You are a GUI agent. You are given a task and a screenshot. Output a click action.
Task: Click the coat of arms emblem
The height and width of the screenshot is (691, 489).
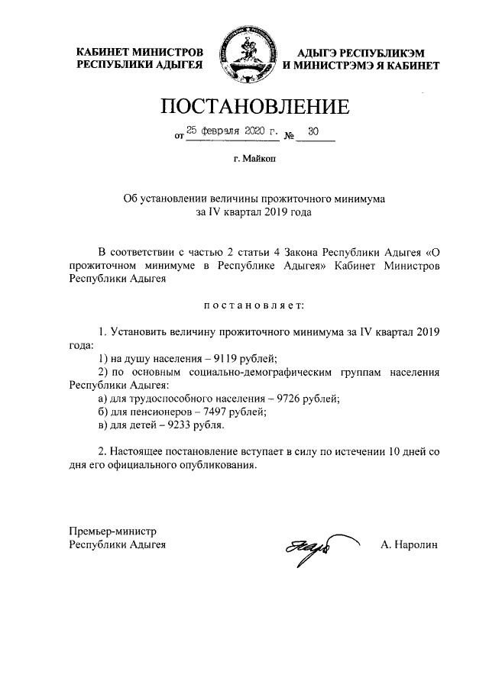pyautogui.click(x=244, y=57)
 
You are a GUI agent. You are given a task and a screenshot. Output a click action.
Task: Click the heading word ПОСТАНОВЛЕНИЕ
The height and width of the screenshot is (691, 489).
pyautogui.click(x=244, y=107)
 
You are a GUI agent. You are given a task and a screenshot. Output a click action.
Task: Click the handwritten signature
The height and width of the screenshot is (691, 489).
pyautogui.click(x=308, y=547)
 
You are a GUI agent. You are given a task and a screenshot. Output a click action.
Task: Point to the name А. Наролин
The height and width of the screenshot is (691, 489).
pyautogui.click(x=409, y=545)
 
